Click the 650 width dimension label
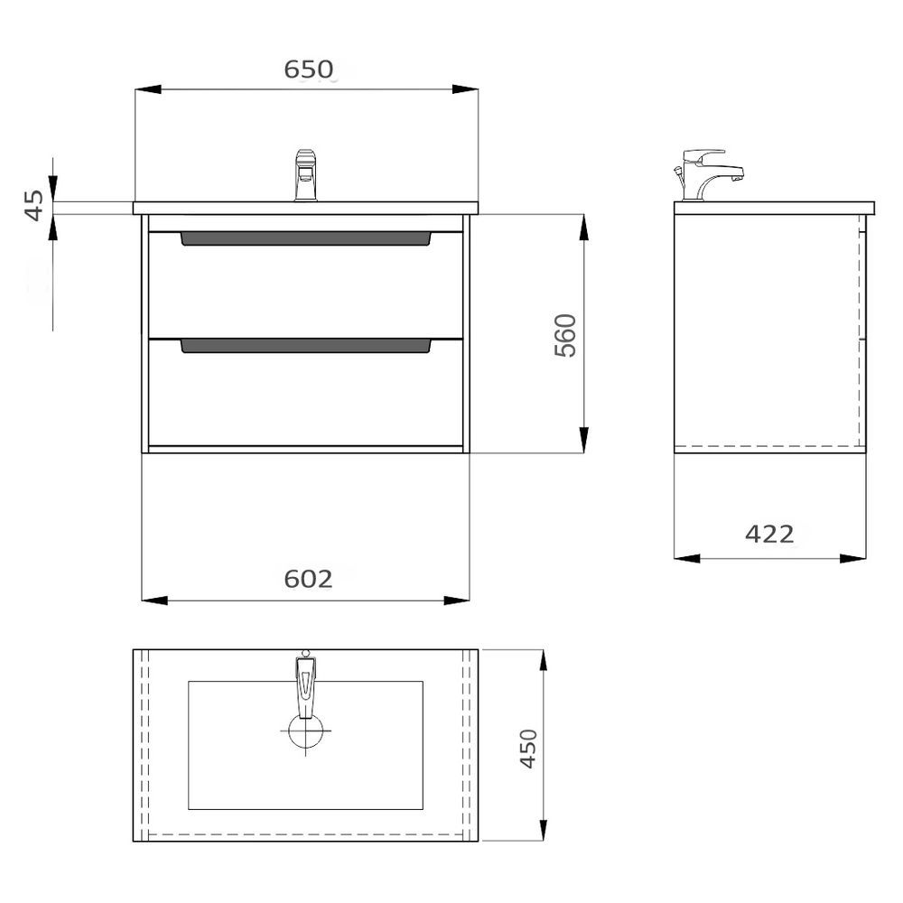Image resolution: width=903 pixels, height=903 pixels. pyautogui.click(x=309, y=70)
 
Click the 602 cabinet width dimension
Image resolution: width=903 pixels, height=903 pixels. pyautogui.click(x=308, y=579)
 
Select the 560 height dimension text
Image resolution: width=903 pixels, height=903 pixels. pyautogui.click(x=565, y=335)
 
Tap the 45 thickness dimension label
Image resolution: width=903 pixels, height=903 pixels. pyautogui.click(x=34, y=205)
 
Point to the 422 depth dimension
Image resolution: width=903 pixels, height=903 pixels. pyautogui.click(x=769, y=535)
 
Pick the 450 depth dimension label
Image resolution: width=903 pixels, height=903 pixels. pyautogui.click(x=528, y=748)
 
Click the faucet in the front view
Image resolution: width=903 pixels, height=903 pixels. pyautogui.click(x=306, y=175)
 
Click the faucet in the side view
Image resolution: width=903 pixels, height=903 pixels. pyautogui.click(x=708, y=175)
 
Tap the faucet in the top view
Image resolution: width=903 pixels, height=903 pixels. pyautogui.click(x=305, y=684)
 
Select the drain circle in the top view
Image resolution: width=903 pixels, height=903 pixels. pyautogui.click(x=305, y=731)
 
